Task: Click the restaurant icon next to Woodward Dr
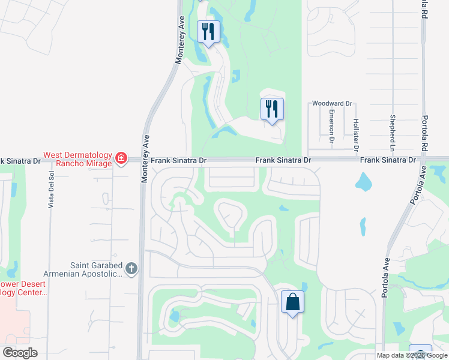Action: click(272, 109)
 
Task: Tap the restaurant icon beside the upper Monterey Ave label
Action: click(208, 31)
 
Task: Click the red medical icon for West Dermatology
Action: click(121, 159)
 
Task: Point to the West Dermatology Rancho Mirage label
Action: click(77, 159)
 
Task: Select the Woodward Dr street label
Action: click(332, 104)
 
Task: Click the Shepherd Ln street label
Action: click(393, 133)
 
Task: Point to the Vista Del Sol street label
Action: click(52, 189)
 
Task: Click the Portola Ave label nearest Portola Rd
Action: click(414, 186)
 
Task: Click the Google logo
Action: click(20, 353)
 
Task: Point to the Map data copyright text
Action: click(411, 355)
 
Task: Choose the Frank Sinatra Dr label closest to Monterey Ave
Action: click(178, 161)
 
